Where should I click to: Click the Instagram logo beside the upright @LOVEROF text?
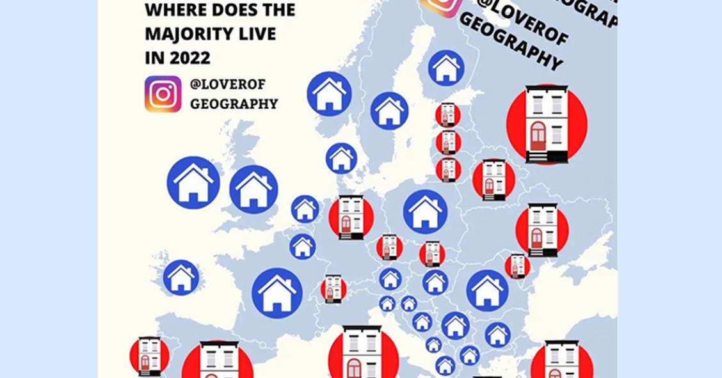163,94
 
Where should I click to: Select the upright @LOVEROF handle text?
228,84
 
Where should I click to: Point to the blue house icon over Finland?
446,68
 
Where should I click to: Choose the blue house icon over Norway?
329,94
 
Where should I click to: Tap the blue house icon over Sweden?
389,111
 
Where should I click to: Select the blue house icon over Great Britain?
253,189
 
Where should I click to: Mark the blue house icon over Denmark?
341,158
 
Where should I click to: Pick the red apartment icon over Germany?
351,217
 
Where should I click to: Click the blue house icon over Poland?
425,211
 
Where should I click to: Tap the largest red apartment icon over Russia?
547,123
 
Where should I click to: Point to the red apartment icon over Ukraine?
542,230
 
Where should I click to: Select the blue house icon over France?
277,292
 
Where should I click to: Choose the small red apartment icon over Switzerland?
333,288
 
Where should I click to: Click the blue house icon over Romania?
487,290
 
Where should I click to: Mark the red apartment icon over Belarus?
493,180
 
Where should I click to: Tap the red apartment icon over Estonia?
448,115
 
